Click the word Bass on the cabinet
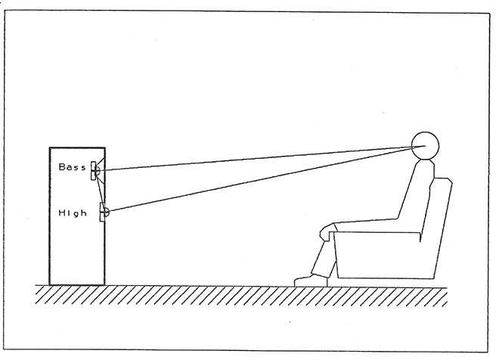(x=73, y=167)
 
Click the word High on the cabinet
(x=73, y=213)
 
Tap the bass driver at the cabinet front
(x=95, y=171)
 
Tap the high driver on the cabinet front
(x=104, y=212)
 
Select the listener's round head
(x=425, y=145)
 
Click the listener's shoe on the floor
(x=311, y=281)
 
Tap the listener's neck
(x=426, y=162)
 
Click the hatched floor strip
(x=241, y=295)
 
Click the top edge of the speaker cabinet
(x=77, y=147)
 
